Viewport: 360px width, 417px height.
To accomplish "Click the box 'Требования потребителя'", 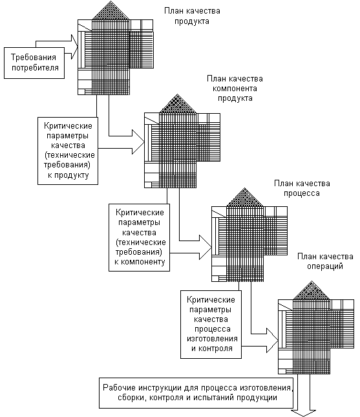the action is [x=34, y=63].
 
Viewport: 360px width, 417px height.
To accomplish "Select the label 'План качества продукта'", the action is [x=192, y=16].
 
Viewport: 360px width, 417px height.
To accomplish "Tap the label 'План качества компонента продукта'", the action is [x=235, y=89].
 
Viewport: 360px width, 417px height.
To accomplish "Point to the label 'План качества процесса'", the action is [x=302, y=188].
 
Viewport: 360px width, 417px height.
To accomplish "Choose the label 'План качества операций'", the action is [x=325, y=261].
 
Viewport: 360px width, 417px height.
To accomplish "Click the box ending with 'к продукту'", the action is [x=68, y=151].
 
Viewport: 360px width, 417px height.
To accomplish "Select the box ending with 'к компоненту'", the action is [x=140, y=237].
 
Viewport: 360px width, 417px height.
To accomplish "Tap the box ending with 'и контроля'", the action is [x=211, y=325].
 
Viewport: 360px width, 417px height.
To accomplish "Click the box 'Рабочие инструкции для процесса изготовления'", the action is [x=196, y=393].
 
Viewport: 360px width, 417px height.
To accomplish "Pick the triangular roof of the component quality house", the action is [x=178, y=105].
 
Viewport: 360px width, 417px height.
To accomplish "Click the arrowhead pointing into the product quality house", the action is [x=75, y=47].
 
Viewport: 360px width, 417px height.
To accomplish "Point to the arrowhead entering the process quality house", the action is [x=206, y=247].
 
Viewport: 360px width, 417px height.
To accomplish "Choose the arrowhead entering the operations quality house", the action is [x=273, y=341].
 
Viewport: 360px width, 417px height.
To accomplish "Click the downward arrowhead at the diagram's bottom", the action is [x=303, y=413].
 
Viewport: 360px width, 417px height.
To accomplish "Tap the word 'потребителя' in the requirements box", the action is [x=35, y=68].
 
